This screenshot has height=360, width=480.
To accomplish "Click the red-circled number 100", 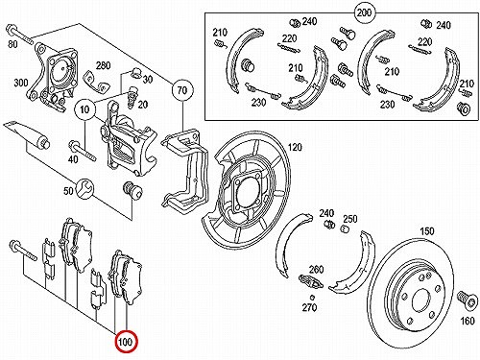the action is pyautogui.click(x=126, y=342).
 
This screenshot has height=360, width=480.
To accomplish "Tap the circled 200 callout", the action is pyautogui.click(x=365, y=12).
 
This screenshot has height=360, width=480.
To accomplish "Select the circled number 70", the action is pyautogui.click(x=181, y=90).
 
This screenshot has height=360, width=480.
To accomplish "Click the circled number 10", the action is pyautogui.click(x=84, y=109).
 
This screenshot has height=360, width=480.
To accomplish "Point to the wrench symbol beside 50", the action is pyautogui.click(x=84, y=189).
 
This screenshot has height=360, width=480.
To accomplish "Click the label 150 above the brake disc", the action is pyautogui.click(x=427, y=231).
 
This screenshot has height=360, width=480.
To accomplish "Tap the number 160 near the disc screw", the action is pyautogui.click(x=468, y=320).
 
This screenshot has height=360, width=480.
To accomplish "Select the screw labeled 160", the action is pyautogui.click(x=466, y=300).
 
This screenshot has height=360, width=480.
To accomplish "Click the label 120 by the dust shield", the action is pyautogui.click(x=295, y=147).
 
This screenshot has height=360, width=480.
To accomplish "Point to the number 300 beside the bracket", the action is pyautogui.click(x=21, y=83).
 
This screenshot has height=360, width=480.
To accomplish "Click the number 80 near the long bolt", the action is pyautogui.click(x=12, y=43).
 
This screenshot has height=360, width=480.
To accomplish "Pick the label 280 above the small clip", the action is pyautogui.click(x=104, y=65).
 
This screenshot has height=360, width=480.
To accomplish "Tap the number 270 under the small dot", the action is pyautogui.click(x=309, y=307).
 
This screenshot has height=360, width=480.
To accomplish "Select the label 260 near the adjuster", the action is pyautogui.click(x=317, y=270).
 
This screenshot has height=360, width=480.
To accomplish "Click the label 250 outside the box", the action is pyautogui.click(x=350, y=219).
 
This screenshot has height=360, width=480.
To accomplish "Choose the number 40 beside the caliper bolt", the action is pyautogui.click(x=73, y=158).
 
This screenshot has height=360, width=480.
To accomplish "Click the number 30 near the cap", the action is pyautogui.click(x=148, y=79).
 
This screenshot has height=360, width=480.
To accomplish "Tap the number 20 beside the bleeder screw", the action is pyautogui.click(x=143, y=105).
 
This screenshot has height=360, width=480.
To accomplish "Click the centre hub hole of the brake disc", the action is pyautogui.click(x=421, y=300).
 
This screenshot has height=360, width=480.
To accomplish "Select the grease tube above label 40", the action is pyautogui.click(x=27, y=135).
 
